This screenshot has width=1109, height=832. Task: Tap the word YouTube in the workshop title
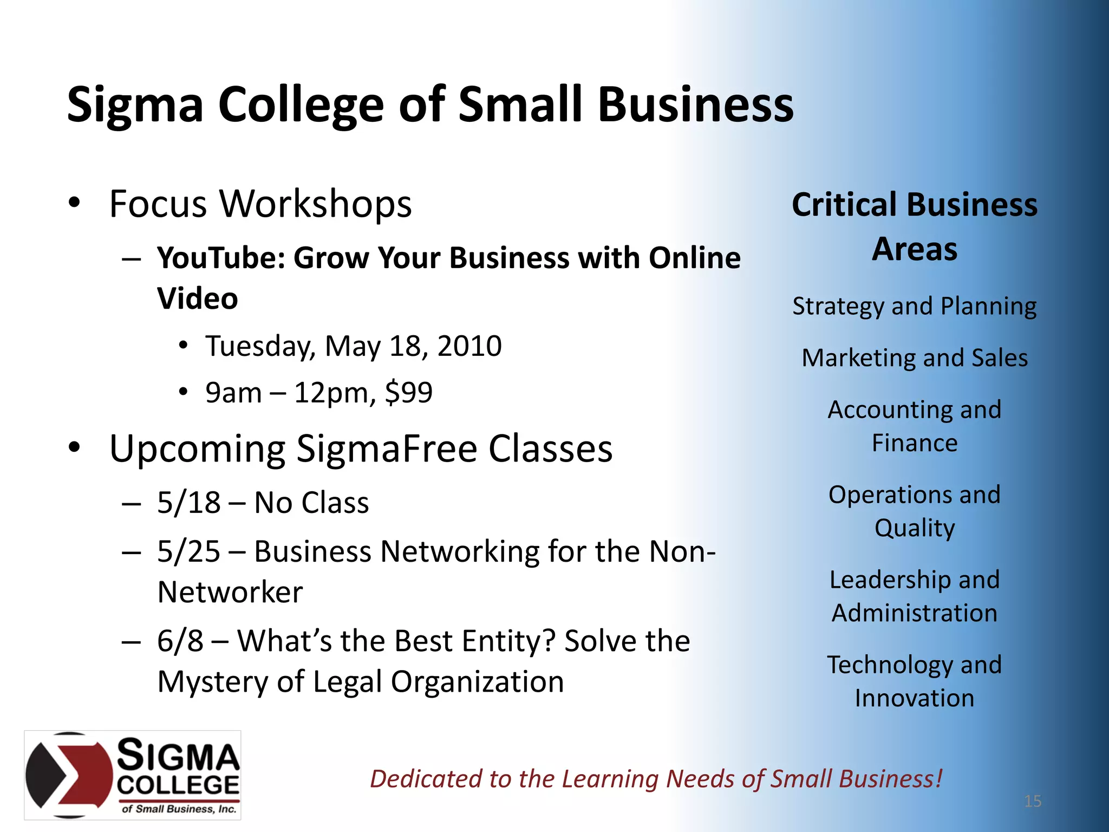221,258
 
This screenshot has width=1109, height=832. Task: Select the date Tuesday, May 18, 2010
353,346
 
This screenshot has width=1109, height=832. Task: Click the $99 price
409,393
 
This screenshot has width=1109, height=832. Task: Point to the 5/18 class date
188,503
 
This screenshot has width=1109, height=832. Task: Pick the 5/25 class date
188,552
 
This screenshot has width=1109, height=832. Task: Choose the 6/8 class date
180,641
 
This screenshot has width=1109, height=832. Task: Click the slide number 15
1033,801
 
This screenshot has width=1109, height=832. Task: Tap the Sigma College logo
133,775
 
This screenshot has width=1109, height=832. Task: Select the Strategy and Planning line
915,307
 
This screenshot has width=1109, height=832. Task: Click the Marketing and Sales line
915,358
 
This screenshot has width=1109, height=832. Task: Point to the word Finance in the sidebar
915,443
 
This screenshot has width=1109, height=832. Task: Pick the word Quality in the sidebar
915,528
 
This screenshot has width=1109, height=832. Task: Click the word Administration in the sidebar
915,613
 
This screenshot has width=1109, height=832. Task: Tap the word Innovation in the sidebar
915,698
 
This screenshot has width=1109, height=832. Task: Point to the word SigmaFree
386,450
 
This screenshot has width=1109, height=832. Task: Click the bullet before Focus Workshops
75,203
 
